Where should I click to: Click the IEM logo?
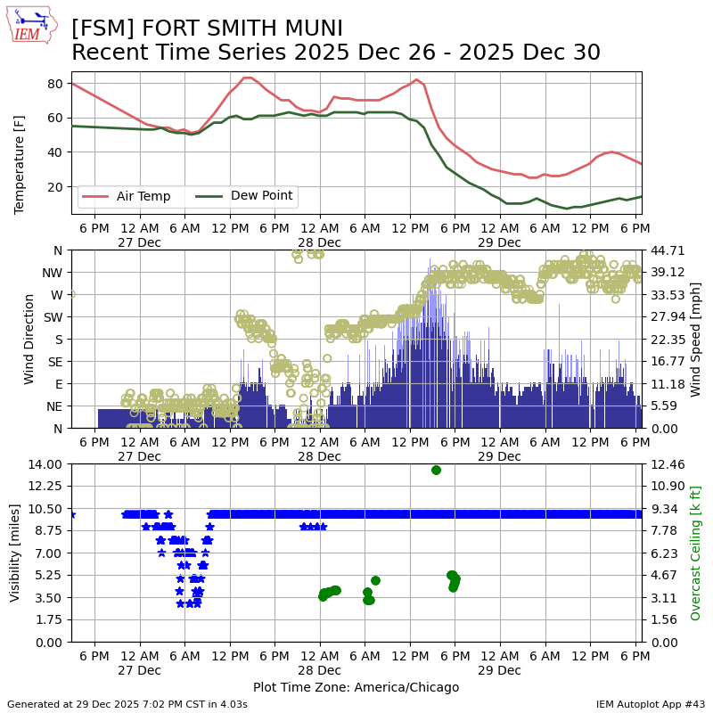pyautogui.click(x=32, y=27)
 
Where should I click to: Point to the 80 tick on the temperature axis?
pyautogui.click(x=54, y=84)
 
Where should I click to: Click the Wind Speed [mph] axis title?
pyautogui.click(x=696, y=339)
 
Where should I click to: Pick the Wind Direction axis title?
pyautogui.click(x=29, y=339)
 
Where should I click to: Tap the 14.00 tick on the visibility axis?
pyautogui.click(x=45, y=464)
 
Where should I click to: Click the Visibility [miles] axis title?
pyautogui.click(x=15, y=553)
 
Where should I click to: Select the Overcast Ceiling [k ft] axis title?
pyautogui.click(x=696, y=553)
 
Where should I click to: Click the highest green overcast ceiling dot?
pyautogui.click(x=436, y=470)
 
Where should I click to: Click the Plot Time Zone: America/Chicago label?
pyautogui.click(x=356, y=687)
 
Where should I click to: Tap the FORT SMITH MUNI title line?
pyautogui.click(x=207, y=29)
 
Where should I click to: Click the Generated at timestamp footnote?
pyautogui.click(x=127, y=704)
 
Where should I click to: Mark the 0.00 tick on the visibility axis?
pyautogui.click(x=48, y=642)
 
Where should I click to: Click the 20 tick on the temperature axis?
pyautogui.click(x=54, y=186)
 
